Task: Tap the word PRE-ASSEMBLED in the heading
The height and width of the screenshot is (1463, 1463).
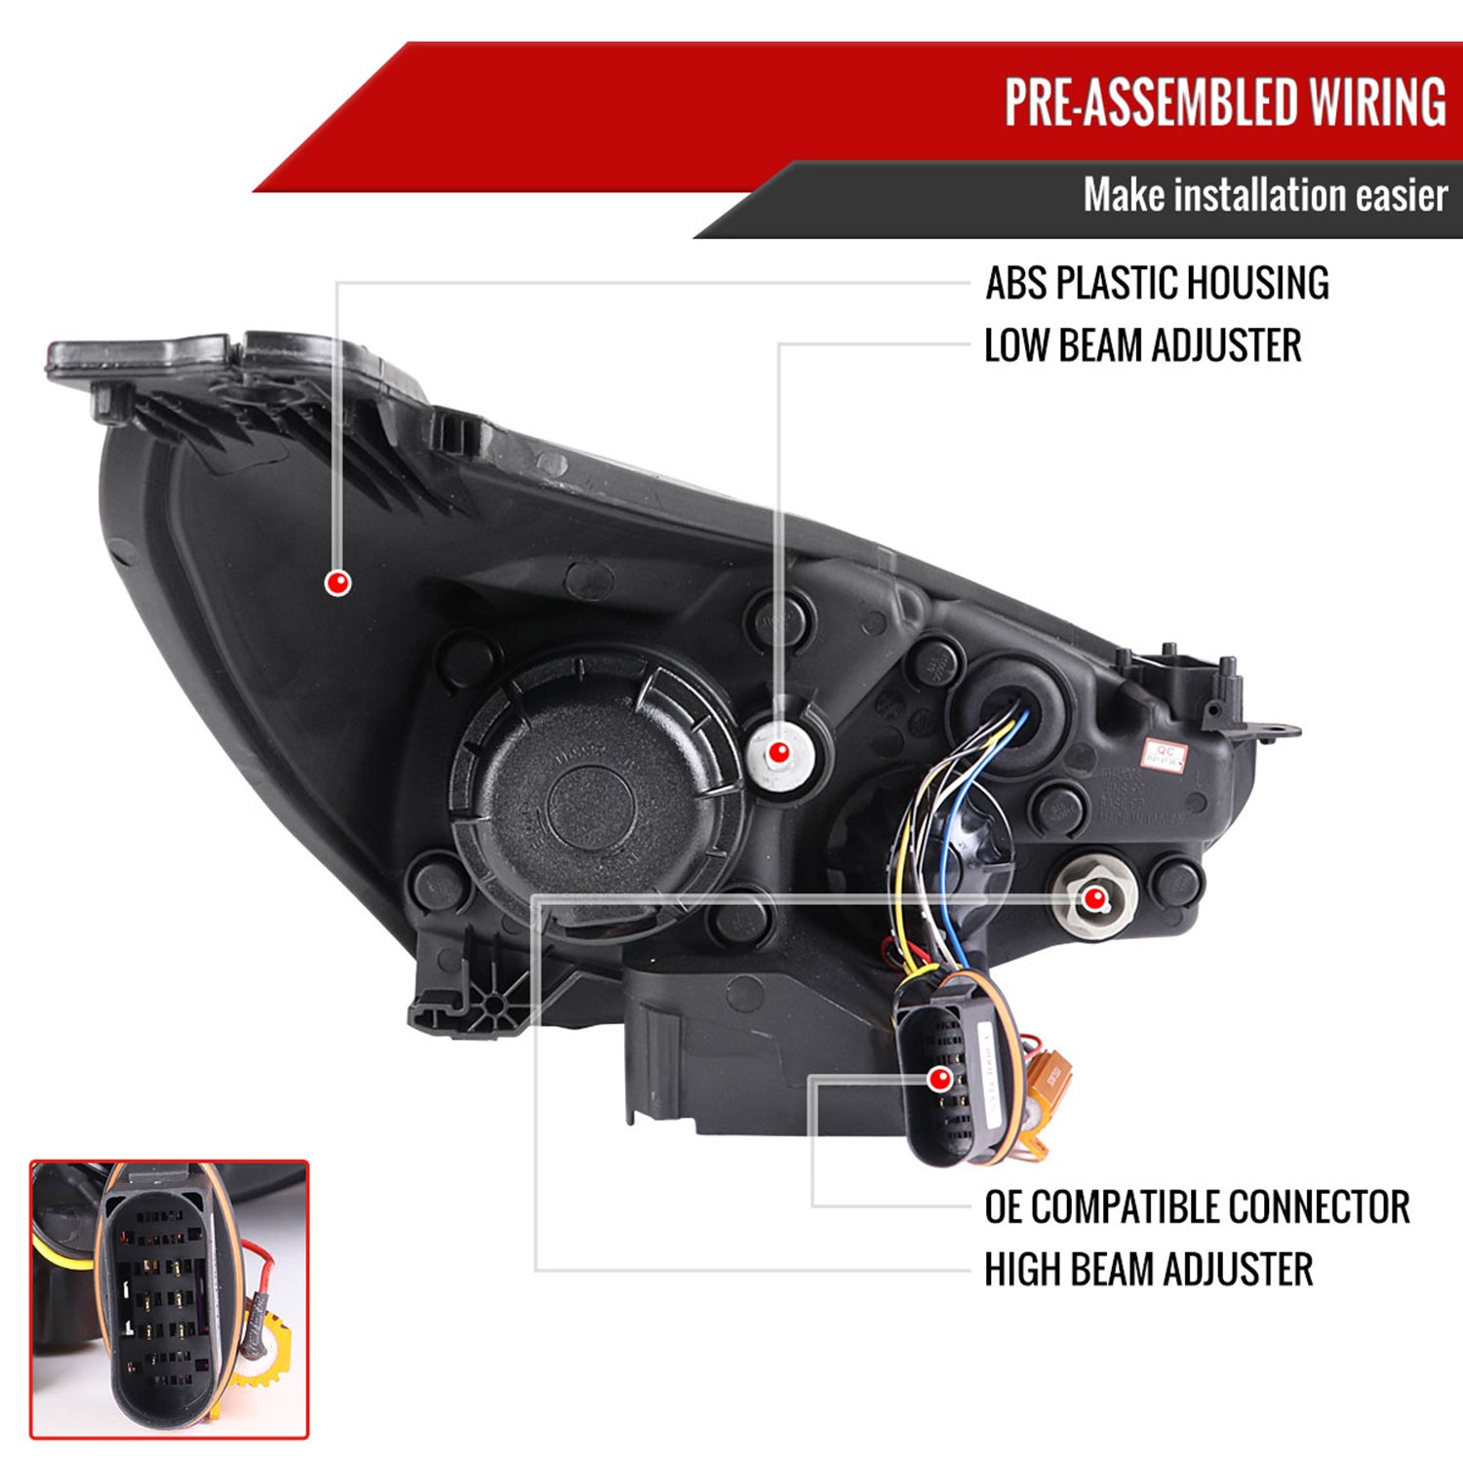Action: click(x=1151, y=102)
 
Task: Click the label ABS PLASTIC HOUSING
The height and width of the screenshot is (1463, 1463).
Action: click(x=1157, y=284)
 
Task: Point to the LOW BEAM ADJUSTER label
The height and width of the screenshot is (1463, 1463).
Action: click(x=1142, y=346)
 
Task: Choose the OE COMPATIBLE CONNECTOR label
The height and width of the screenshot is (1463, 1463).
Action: click(x=1197, y=1207)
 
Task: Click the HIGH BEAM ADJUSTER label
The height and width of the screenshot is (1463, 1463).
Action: click(x=1148, y=1270)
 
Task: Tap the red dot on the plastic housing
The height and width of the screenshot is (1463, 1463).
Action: click(x=337, y=583)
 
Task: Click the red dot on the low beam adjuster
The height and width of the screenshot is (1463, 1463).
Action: click(x=778, y=753)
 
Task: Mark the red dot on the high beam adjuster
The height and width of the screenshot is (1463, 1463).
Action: click(x=1095, y=898)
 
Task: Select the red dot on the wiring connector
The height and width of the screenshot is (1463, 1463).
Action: click(x=940, y=1079)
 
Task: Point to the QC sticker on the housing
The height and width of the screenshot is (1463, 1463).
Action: click(x=1165, y=753)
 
